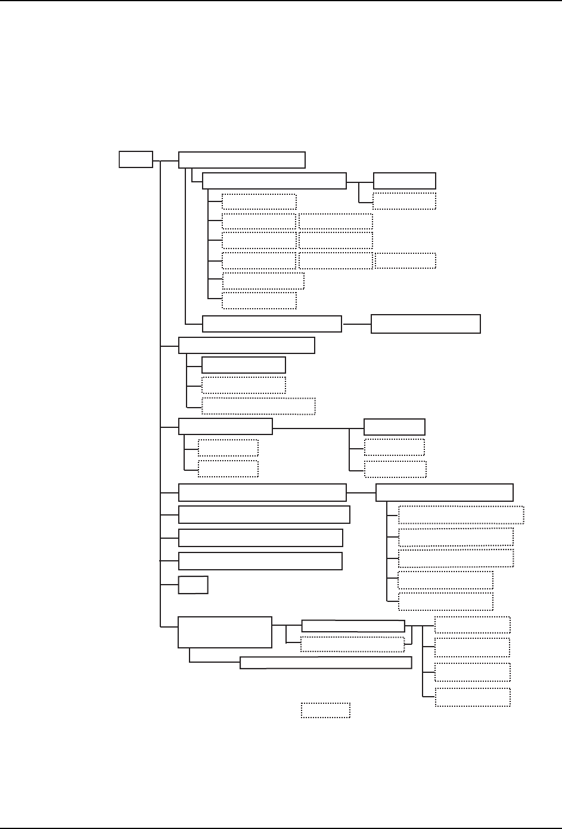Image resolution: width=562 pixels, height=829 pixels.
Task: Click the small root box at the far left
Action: coord(136,160)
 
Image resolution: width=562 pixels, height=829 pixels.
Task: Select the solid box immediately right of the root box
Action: coord(242,160)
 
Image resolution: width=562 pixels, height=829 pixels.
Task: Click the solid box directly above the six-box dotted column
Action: coord(274,181)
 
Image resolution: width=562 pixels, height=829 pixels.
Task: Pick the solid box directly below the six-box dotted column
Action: coord(272,324)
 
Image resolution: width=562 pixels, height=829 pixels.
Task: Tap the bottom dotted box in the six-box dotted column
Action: coord(259,300)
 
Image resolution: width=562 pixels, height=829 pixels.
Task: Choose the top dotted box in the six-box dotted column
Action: coord(259,201)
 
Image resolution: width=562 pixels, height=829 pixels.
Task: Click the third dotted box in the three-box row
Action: coord(405,260)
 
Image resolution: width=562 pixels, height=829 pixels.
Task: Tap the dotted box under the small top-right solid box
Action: coord(405,201)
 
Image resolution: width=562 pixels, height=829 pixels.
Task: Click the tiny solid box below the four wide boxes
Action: coord(193,585)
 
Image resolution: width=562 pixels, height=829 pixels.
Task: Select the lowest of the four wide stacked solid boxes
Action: coord(260,561)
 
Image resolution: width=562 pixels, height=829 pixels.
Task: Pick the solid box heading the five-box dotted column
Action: coord(445,492)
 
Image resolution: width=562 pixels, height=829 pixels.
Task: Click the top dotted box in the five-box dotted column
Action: coord(461,514)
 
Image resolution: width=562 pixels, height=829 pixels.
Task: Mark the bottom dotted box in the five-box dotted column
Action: coord(445,601)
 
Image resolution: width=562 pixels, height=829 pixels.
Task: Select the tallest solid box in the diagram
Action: coord(225,632)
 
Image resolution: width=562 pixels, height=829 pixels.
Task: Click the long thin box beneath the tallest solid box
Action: coord(325,663)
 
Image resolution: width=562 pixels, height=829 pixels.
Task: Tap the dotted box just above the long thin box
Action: coord(352,644)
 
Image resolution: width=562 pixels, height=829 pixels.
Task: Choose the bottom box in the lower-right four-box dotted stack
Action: coord(473,697)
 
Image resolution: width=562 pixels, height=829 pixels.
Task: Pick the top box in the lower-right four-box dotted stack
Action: coord(473,625)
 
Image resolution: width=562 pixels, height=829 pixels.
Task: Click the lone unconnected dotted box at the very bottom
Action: coord(325,710)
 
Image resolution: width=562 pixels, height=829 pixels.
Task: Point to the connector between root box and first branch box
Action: coord(166,160)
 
